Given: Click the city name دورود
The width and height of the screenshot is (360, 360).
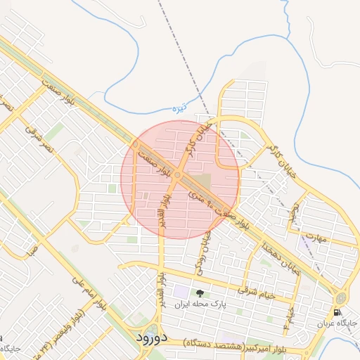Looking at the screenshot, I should click(150, 337).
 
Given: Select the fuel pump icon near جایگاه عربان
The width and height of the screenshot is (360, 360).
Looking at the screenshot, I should click(337, 312).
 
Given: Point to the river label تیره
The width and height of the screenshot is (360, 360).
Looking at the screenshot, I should click(181, 108).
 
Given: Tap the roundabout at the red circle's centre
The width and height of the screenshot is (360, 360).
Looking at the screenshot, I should click(179, 174).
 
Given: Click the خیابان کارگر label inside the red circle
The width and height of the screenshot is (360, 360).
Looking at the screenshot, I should click(192, 143).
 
